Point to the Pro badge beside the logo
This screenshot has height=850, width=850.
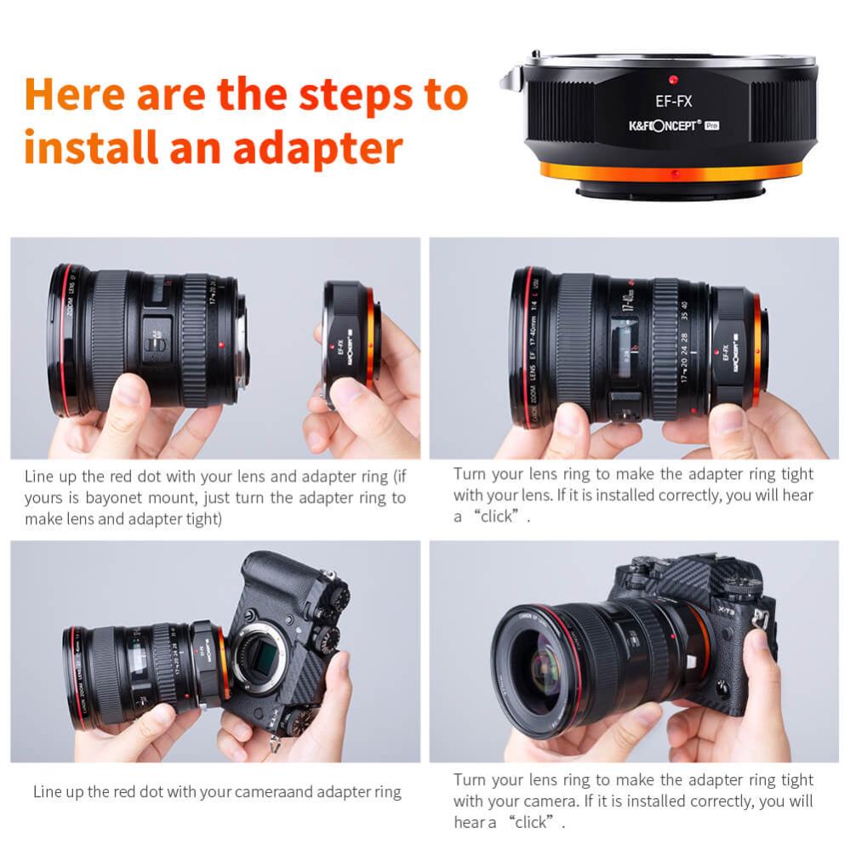[713, 125]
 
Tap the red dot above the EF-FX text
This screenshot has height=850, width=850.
[672, 80]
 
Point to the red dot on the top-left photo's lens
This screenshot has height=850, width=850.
[221, 345]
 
